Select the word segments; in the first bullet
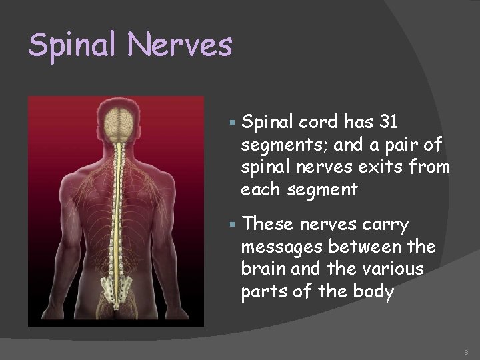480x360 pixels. click(278, 144)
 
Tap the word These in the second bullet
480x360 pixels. click(265, 225)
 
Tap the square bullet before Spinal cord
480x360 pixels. click(230, 122)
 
